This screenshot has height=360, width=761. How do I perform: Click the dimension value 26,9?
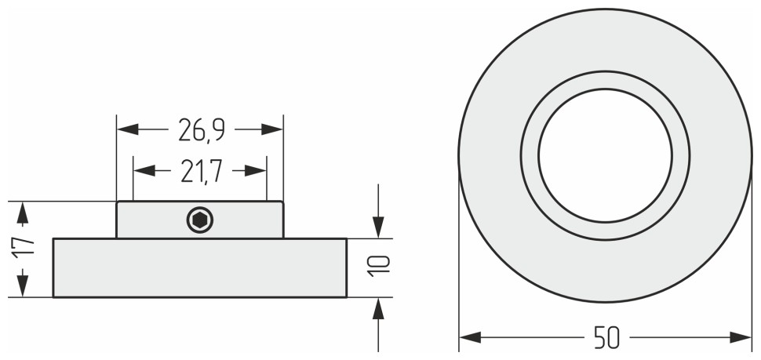(201, 130)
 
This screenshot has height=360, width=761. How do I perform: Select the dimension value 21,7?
(201, 171)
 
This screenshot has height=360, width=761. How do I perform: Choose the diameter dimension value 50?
(606, 338)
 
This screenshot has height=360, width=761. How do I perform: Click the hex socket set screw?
(200, 220)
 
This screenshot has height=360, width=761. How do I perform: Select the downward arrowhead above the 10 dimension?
(378, 227)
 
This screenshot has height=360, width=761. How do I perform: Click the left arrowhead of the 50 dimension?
(470, 337)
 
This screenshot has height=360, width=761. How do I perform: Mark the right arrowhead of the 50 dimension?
(741, 337)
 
